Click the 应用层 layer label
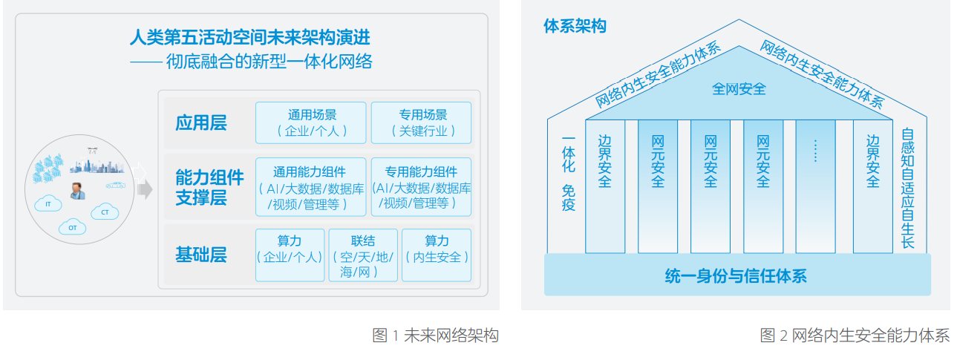click(201, 122)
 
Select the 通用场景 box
click(311, 122)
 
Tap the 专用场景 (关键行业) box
click(421, 122)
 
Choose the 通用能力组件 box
click(311, 187)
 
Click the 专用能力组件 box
click(421, 187)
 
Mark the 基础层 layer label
click(201, 255)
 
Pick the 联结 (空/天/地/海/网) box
click(363, 255)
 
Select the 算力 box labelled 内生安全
click(437, 255)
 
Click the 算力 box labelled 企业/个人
click(290, 255)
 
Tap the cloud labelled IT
click(48, 203)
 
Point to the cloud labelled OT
click(72, 226)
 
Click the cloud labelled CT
click(105, 212)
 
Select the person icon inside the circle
click(77, 191)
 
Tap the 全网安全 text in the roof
click(739, 89)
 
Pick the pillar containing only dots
click(814, 186)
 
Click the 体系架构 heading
click(575, 26)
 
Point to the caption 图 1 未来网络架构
click(435, 336)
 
